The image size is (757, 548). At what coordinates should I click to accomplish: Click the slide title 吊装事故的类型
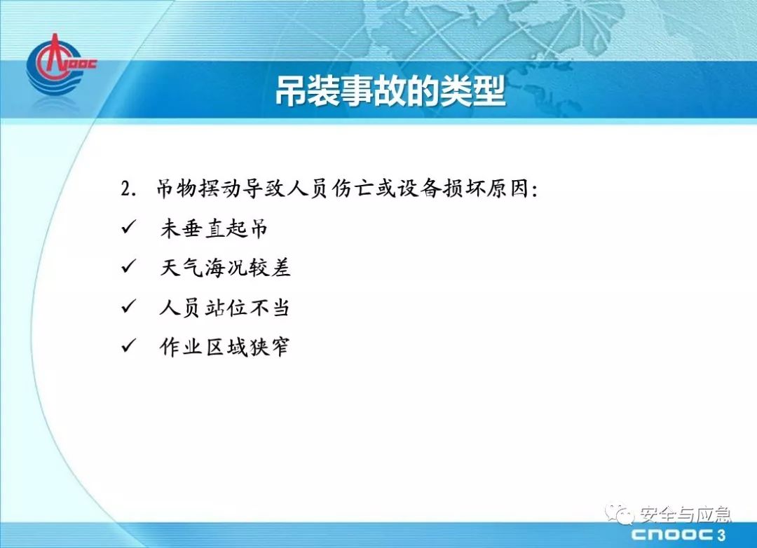(390, 91)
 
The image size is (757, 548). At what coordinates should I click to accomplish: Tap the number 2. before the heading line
(129, 189)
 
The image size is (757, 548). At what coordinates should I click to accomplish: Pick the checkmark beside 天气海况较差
(129, 266)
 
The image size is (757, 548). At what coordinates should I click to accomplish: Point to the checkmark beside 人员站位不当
(129, 306)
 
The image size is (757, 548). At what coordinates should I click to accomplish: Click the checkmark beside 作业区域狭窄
(129, 345)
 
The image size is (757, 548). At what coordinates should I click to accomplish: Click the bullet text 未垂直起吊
(214, 228)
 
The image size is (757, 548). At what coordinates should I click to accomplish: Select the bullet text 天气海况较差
(225, 268)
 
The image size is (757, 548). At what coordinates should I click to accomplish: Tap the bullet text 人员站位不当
(224, 308)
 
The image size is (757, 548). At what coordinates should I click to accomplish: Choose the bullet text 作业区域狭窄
(224, 347)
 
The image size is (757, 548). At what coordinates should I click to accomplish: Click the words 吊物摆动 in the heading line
(198, 188)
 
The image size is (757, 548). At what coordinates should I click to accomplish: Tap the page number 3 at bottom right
(722, 535)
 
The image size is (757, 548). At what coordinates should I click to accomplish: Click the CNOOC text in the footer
(672, 535)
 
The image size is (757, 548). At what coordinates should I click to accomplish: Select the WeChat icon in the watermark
(620, 514)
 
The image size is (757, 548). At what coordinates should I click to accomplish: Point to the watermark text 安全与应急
(685, 514)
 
